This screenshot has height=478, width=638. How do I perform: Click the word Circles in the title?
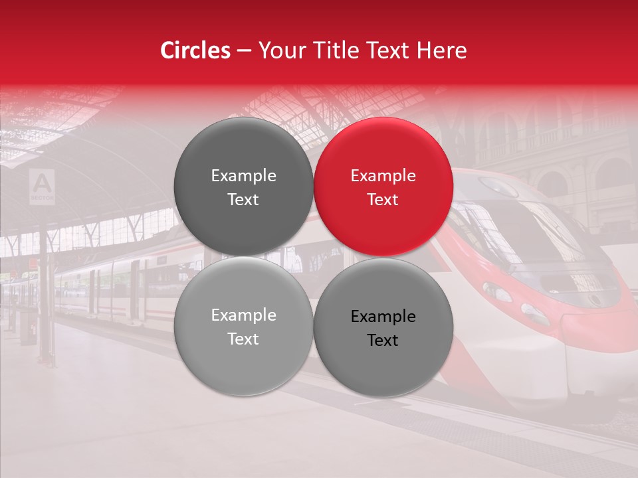(x=195, y=50)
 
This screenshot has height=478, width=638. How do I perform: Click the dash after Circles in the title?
(x=244, y=51)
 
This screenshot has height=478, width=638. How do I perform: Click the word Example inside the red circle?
(x=383, y=176)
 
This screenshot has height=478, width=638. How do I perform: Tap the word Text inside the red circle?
(x=383, y=200)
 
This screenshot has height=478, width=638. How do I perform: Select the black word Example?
(x=383, y=317)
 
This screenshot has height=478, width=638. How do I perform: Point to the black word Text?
(x=383, y=341)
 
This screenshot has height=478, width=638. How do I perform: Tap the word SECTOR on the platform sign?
(x=43, y=198)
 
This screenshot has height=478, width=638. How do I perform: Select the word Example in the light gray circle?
(x=243, y=315)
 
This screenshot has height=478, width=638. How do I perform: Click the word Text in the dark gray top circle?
(x=243, y=200)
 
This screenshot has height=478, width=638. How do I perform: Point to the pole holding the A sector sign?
(x=44, y=279)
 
